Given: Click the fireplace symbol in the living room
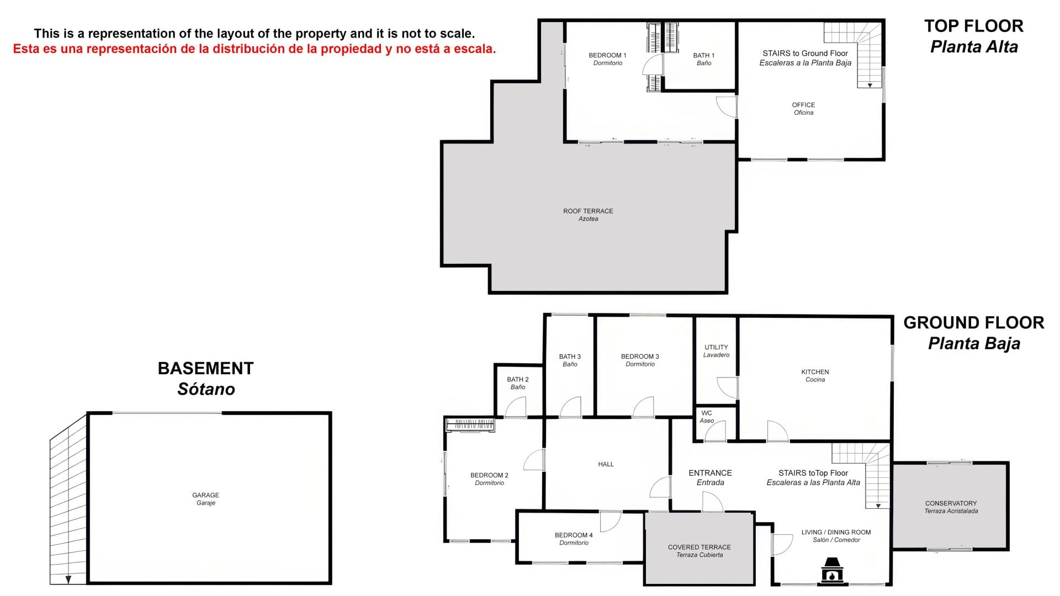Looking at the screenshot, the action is (x=832, y=570).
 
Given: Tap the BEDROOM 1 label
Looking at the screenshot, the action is (x=607, y=55).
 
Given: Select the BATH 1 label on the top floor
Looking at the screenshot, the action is (x=704, y=55).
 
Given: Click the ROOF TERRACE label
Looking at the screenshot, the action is (x=588, y=211).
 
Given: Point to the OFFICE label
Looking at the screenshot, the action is (x=803, y=105).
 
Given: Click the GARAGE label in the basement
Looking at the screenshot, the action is (x=205, y=495).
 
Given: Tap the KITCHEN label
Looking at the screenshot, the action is (x=815, y=372).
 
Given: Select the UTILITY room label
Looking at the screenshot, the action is (x=716, y=347).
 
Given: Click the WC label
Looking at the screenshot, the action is (x=707, y=413).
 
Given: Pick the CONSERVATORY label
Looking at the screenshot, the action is (x=951, y=503).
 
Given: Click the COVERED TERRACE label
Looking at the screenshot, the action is (x=699, y=547).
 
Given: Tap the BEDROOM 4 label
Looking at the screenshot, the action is (x=574, y=535).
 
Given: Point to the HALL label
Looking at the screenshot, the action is (x=606, y=464).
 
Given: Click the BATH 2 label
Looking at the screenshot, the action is (x=518, y=379).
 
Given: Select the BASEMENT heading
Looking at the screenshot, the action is (x=205, y=368).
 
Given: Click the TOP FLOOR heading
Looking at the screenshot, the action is (x=974, y=26).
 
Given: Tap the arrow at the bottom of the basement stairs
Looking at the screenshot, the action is (x=68, y=579).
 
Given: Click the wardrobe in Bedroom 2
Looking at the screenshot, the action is (x=470, y=425).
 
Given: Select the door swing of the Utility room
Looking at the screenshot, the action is (x=727, y=388).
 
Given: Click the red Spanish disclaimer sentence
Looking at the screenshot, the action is (x=255, y=49).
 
